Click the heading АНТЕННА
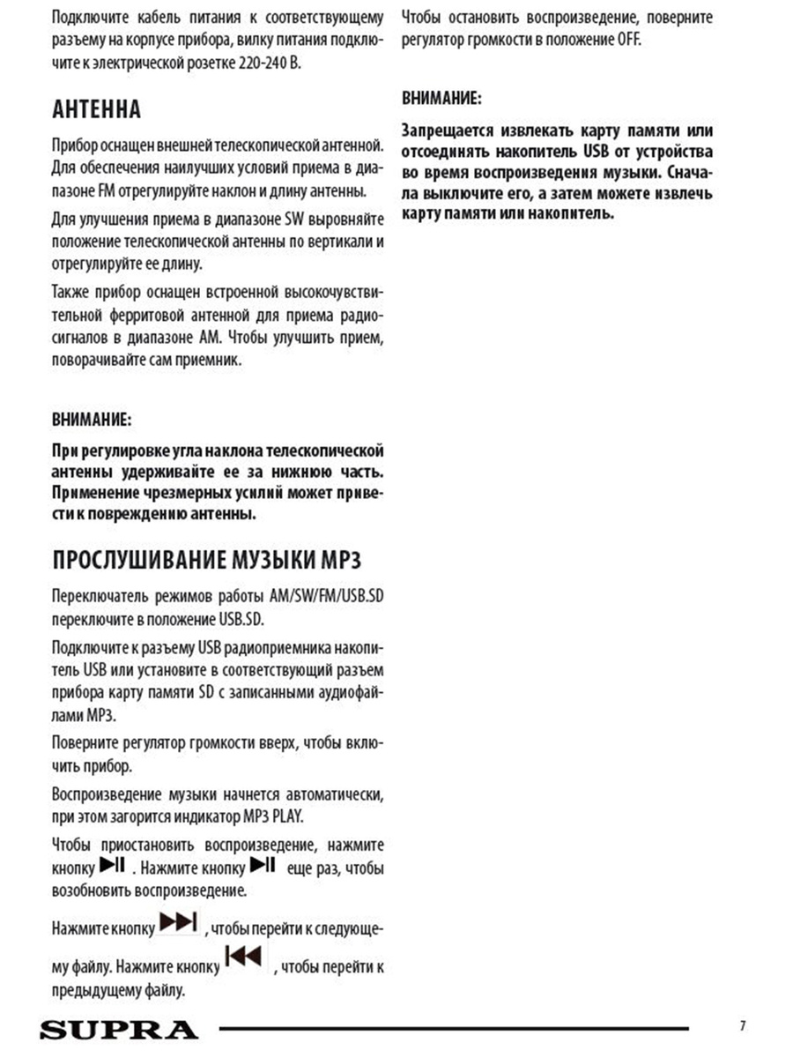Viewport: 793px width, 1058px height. [x=96, y=110]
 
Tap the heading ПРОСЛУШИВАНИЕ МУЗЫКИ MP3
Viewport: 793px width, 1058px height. [x=206, y=562]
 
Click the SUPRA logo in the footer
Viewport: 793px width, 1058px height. [x=118, y=1029]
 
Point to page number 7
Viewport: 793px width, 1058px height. [x=743, y=1025]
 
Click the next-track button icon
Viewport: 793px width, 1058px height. [x=179, y=922]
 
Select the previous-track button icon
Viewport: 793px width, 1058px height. [x=245, y=957]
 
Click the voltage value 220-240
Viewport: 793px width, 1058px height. [x=260, y=64]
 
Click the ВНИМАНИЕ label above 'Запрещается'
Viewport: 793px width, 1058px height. [x=441, y=97]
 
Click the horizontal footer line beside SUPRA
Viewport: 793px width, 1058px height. [x=454, y=1028]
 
